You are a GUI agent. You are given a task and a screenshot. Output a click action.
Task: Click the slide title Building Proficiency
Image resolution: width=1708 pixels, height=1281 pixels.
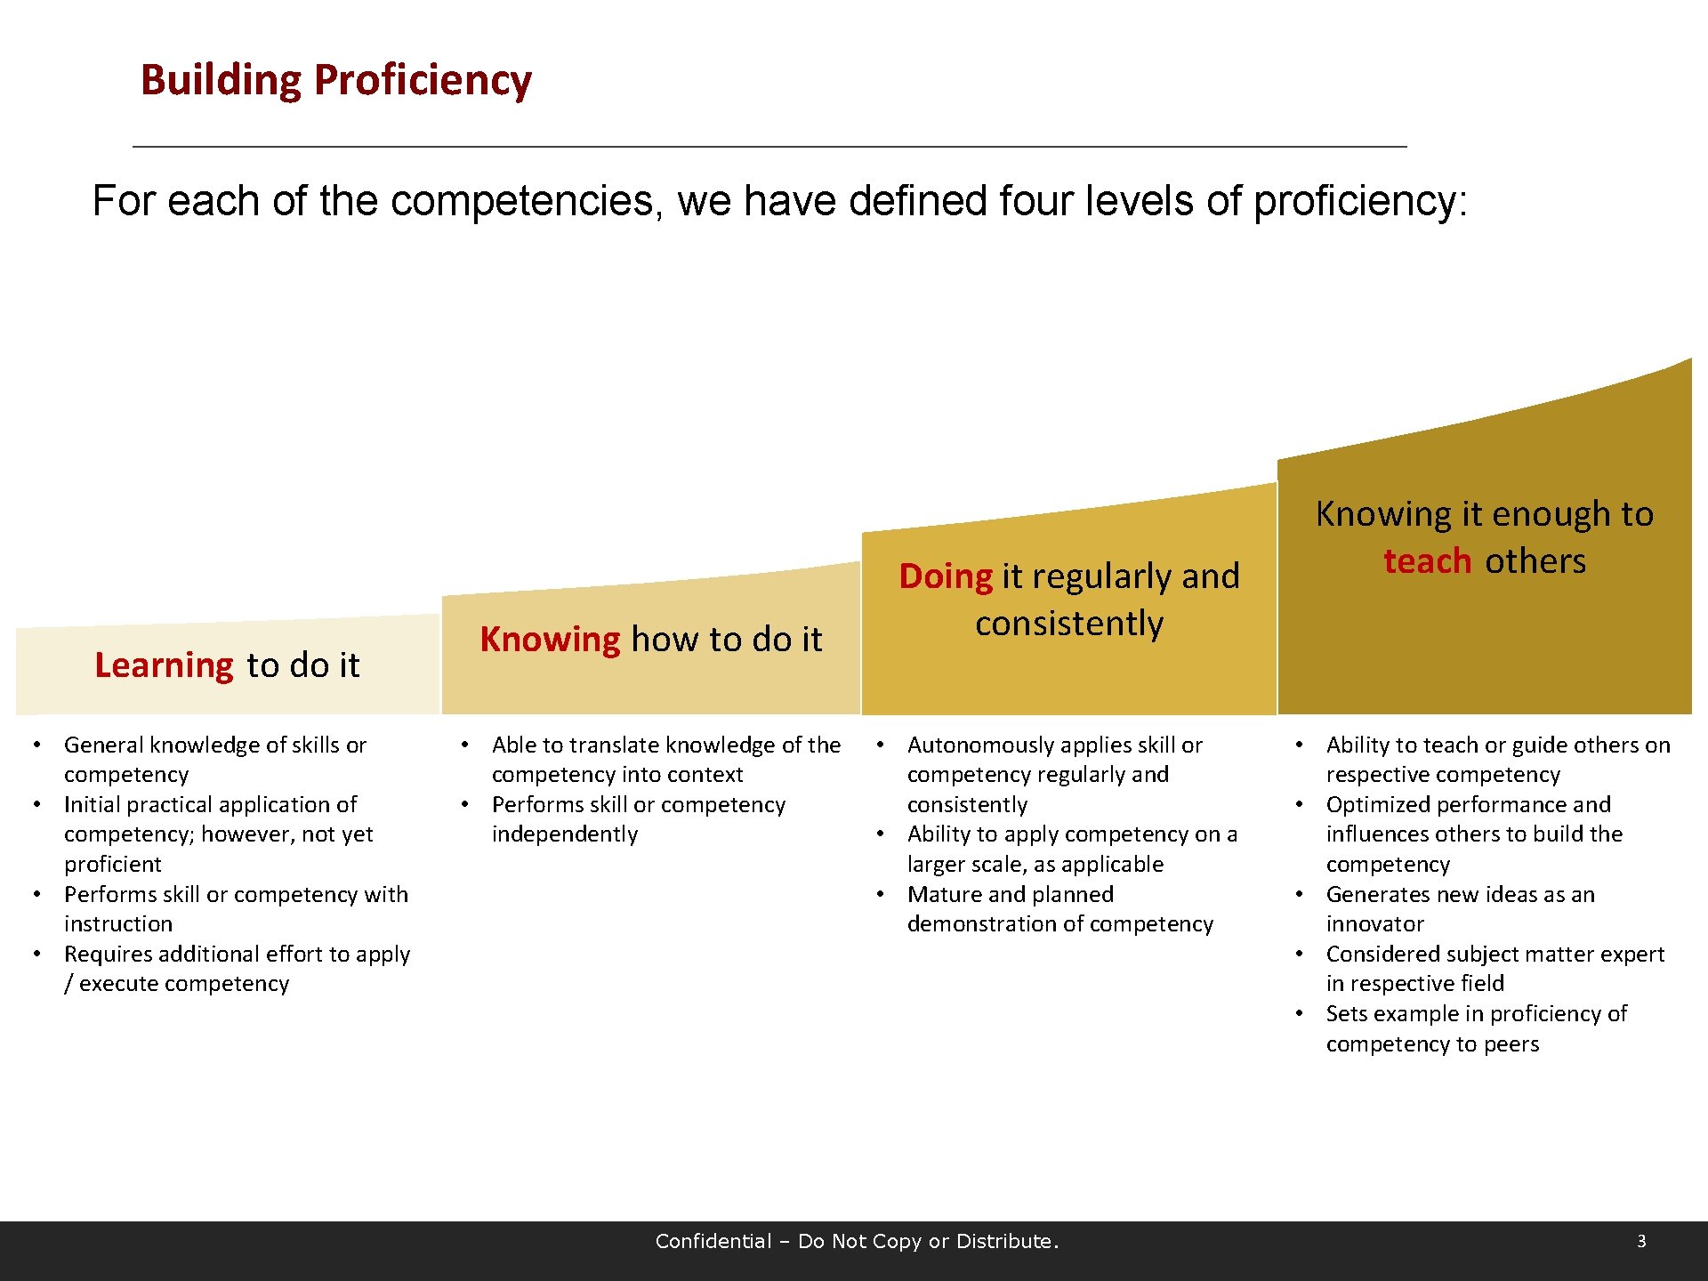(336, 80)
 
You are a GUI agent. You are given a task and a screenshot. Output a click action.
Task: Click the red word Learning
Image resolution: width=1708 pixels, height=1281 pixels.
(164, 665)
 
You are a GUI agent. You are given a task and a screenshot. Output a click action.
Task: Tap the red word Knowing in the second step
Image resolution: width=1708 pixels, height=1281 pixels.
(550, 640)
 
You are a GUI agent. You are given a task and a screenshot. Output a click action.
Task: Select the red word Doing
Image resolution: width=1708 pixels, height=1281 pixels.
(945, 576)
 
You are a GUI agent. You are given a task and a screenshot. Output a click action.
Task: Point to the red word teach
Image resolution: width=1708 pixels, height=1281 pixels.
(1427, 561)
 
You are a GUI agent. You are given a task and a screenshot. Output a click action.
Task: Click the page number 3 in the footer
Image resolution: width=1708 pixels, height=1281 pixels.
(1641, 1241)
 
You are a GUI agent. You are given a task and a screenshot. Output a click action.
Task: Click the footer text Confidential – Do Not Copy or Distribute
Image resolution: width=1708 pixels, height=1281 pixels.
(857, 1241)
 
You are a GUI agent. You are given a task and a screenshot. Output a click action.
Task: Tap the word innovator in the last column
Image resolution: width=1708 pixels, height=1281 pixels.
(1374, 924)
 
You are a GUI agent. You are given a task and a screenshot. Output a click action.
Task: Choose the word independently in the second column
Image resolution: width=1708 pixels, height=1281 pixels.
(565, 834)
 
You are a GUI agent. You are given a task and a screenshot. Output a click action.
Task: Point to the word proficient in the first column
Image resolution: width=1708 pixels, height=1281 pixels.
(113, 865)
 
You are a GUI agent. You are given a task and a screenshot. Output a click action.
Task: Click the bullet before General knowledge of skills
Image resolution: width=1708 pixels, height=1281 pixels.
(37, 745)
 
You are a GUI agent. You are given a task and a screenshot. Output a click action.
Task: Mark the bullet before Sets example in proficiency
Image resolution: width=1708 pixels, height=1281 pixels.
(1300, 1013)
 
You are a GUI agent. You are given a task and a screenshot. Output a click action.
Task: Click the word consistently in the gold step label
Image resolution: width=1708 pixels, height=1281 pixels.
(1069, 624)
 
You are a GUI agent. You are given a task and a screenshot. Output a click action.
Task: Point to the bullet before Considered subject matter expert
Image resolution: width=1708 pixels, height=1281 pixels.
(1300, 954)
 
